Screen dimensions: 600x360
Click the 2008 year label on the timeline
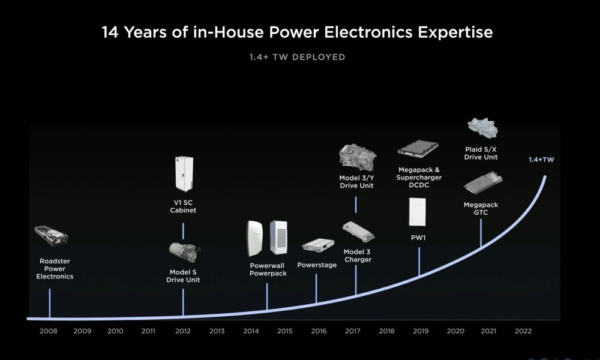(48, 331)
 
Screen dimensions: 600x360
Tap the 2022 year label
(523, 331)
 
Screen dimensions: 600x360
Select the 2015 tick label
(284, 331)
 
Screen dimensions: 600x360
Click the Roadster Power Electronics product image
(51, 236)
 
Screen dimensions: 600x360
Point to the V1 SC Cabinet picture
(184, 173)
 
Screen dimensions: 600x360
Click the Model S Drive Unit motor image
(184, 253)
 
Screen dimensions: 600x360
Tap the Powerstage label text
(317, 265)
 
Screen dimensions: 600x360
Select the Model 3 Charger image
(358, 232)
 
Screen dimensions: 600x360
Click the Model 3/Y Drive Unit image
(358, 157)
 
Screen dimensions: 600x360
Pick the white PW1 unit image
(418, 212)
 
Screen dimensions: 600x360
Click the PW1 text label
(418, 238)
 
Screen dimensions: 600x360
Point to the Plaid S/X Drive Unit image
(482, 128)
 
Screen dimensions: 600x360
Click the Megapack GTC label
(481, 209)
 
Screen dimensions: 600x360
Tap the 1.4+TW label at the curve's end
(541, 160)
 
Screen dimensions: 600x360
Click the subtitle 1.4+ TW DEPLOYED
(298, 57)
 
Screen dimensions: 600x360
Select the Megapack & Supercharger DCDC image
(418, 149)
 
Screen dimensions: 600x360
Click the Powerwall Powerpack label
(268, 269)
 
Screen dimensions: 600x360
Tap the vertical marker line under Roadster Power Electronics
(49, 304)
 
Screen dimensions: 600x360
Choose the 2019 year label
(421, 331)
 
